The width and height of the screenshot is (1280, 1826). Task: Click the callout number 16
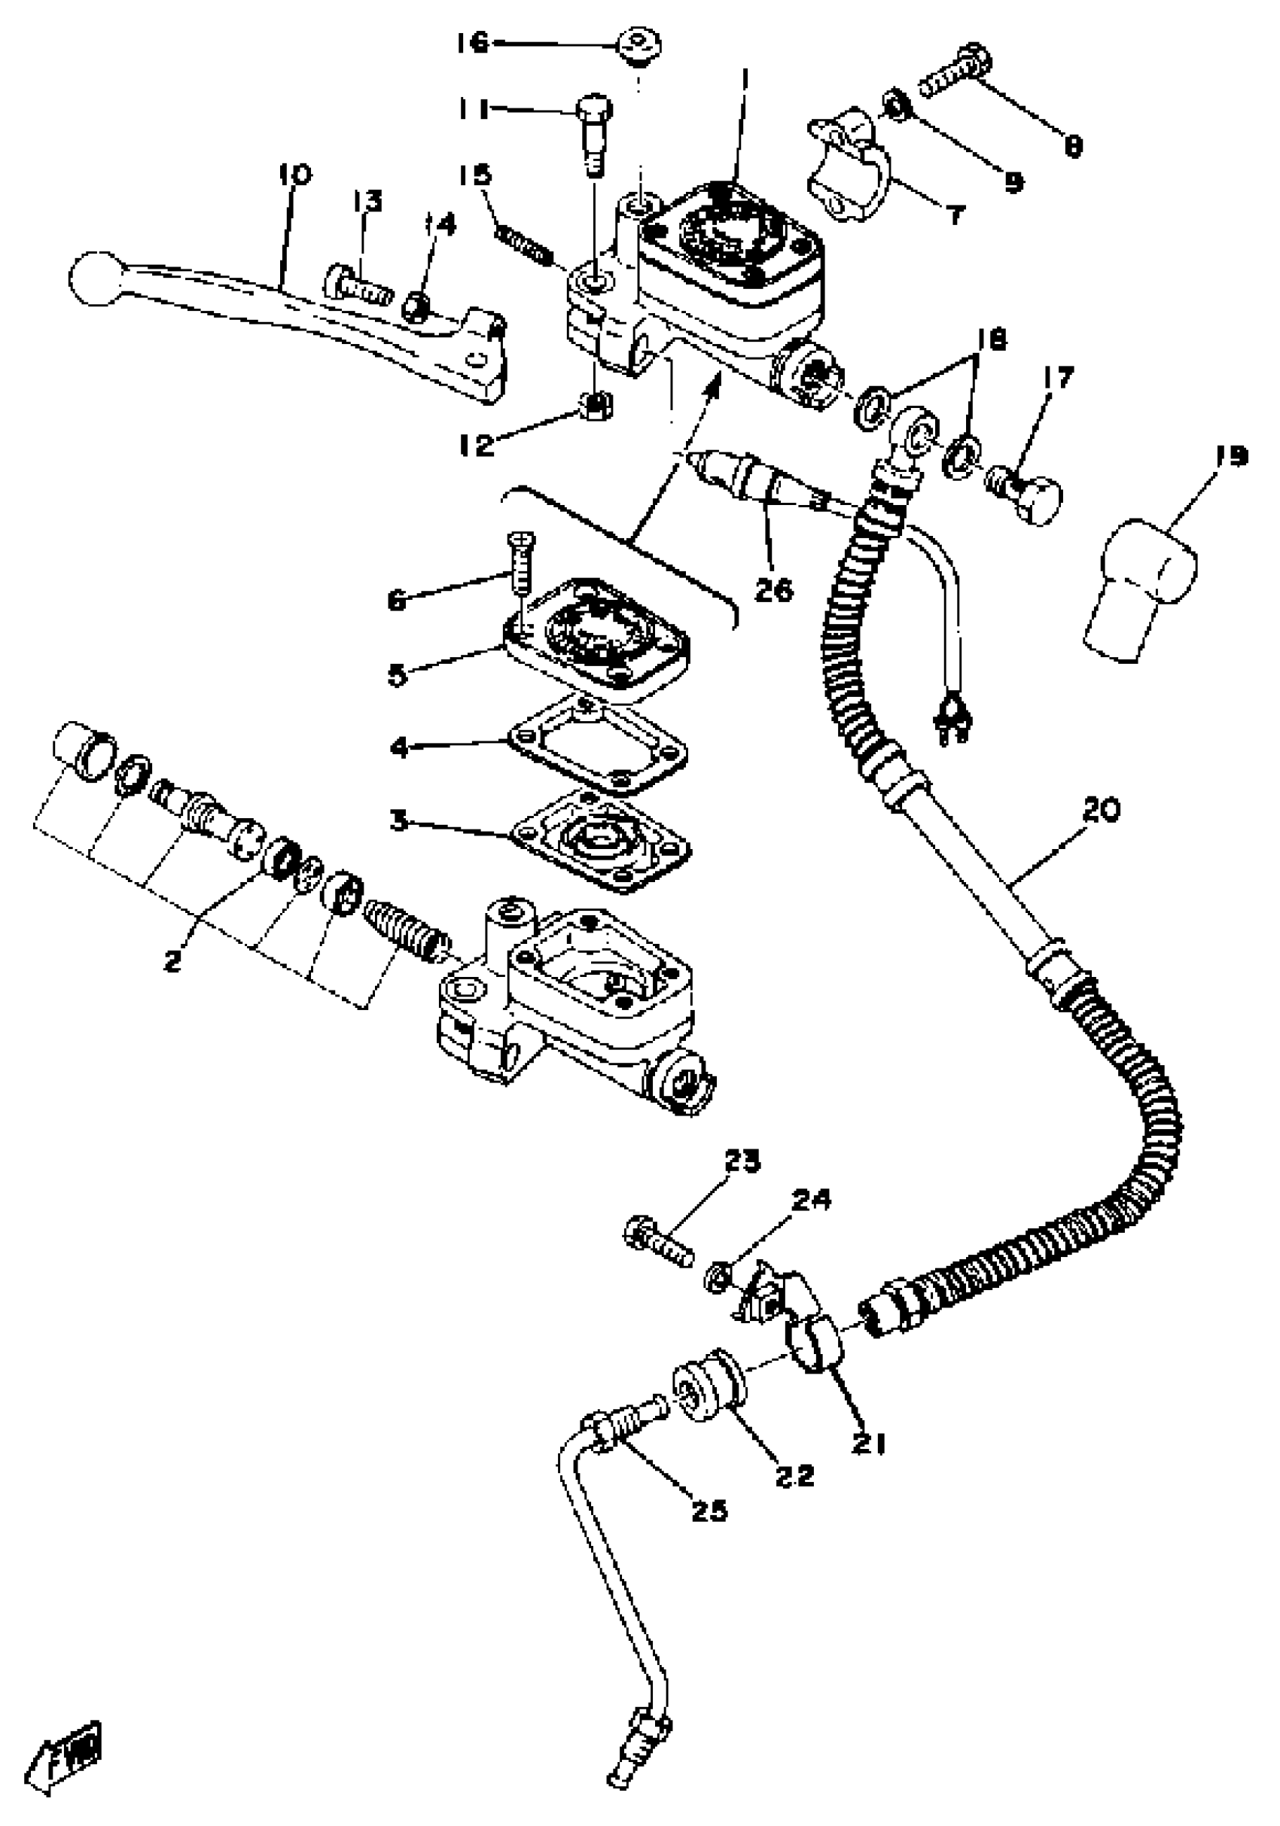[x=473, y=43]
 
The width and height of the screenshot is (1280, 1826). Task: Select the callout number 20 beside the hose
[x=1101, y=810]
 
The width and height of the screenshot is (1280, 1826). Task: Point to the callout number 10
[x=295, y=173]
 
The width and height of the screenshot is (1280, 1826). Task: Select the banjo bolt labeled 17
[x=1026, y=497]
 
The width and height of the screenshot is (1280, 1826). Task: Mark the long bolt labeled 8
[x=955, y=82]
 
